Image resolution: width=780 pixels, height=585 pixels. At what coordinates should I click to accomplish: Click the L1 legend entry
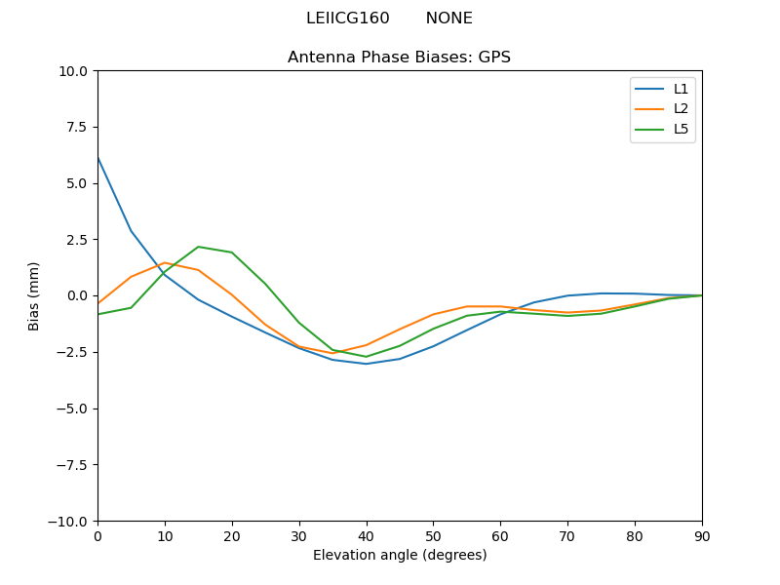[x=681, y=89]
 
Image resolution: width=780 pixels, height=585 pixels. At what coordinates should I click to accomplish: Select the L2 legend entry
[x=681, y=109]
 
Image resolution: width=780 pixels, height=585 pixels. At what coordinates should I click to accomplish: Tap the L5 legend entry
[x=681, y=129]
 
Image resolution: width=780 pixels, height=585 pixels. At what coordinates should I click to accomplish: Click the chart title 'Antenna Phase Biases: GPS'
[x=399, y=58]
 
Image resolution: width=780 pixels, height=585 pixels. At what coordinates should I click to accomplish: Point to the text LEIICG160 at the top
[x=347, y=19]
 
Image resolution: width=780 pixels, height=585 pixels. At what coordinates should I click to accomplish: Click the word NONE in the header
[x=448, y=19]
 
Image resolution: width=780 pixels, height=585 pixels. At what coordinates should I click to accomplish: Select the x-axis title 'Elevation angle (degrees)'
[x=400, y=556]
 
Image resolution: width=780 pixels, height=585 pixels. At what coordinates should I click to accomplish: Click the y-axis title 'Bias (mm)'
[x=34, y=295]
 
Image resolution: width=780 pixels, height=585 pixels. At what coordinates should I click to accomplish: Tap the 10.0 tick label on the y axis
[x=74, y=71]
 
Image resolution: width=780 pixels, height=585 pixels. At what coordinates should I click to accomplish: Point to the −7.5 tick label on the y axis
[x=70, y=465]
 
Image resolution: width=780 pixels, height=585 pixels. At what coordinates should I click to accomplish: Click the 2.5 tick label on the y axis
[x=78, y=240]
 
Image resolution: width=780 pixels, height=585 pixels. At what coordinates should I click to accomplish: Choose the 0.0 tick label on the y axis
[x=78, y=296]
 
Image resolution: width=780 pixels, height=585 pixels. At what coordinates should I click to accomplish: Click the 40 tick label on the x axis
[x=366, y=535]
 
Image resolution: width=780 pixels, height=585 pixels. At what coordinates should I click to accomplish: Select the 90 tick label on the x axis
[x=702, y=535]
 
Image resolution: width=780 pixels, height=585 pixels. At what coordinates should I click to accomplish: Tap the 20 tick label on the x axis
[x=232, y=535]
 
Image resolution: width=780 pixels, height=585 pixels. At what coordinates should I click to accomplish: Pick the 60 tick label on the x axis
[x=500, y=535]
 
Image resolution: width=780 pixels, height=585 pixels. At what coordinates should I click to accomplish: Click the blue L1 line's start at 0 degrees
[x=97, y=158]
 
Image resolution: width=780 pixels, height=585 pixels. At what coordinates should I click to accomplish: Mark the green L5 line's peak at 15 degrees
[x=198, y=247]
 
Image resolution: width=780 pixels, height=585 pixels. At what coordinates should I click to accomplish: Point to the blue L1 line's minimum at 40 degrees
[x=366, y=364]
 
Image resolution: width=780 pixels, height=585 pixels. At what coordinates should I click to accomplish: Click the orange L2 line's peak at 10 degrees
[x=165, y=263]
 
